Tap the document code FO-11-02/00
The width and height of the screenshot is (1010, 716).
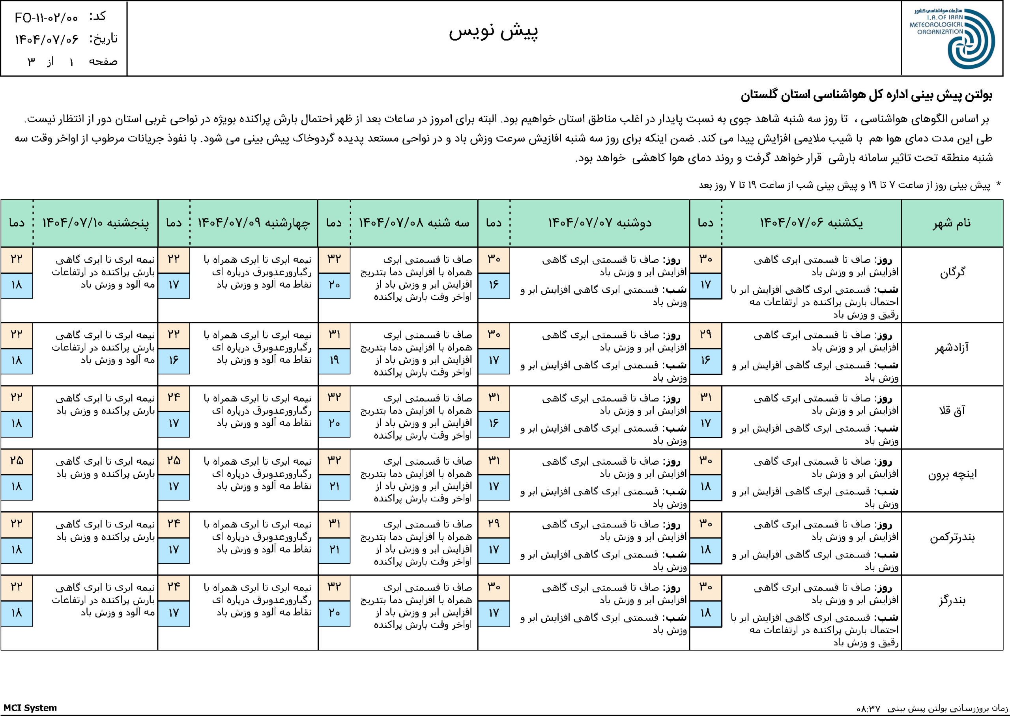point(46,18)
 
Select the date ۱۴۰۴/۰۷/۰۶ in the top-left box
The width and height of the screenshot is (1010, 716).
point(47,39)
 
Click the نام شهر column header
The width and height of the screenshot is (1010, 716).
point(952,223)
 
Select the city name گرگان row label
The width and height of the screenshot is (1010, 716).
point(953,273)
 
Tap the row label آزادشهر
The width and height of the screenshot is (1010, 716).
point(952,348)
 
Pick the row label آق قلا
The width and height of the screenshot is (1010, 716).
point(952,411)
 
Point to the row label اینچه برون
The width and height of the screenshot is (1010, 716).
point(952,474)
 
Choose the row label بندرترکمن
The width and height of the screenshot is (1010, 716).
point(952,537)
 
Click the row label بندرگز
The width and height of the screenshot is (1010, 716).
point(952,600)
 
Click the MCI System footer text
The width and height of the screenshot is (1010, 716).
point(30,708)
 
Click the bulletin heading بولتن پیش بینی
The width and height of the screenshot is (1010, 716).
point(866,95)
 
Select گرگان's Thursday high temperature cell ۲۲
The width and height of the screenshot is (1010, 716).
point(16,259)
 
